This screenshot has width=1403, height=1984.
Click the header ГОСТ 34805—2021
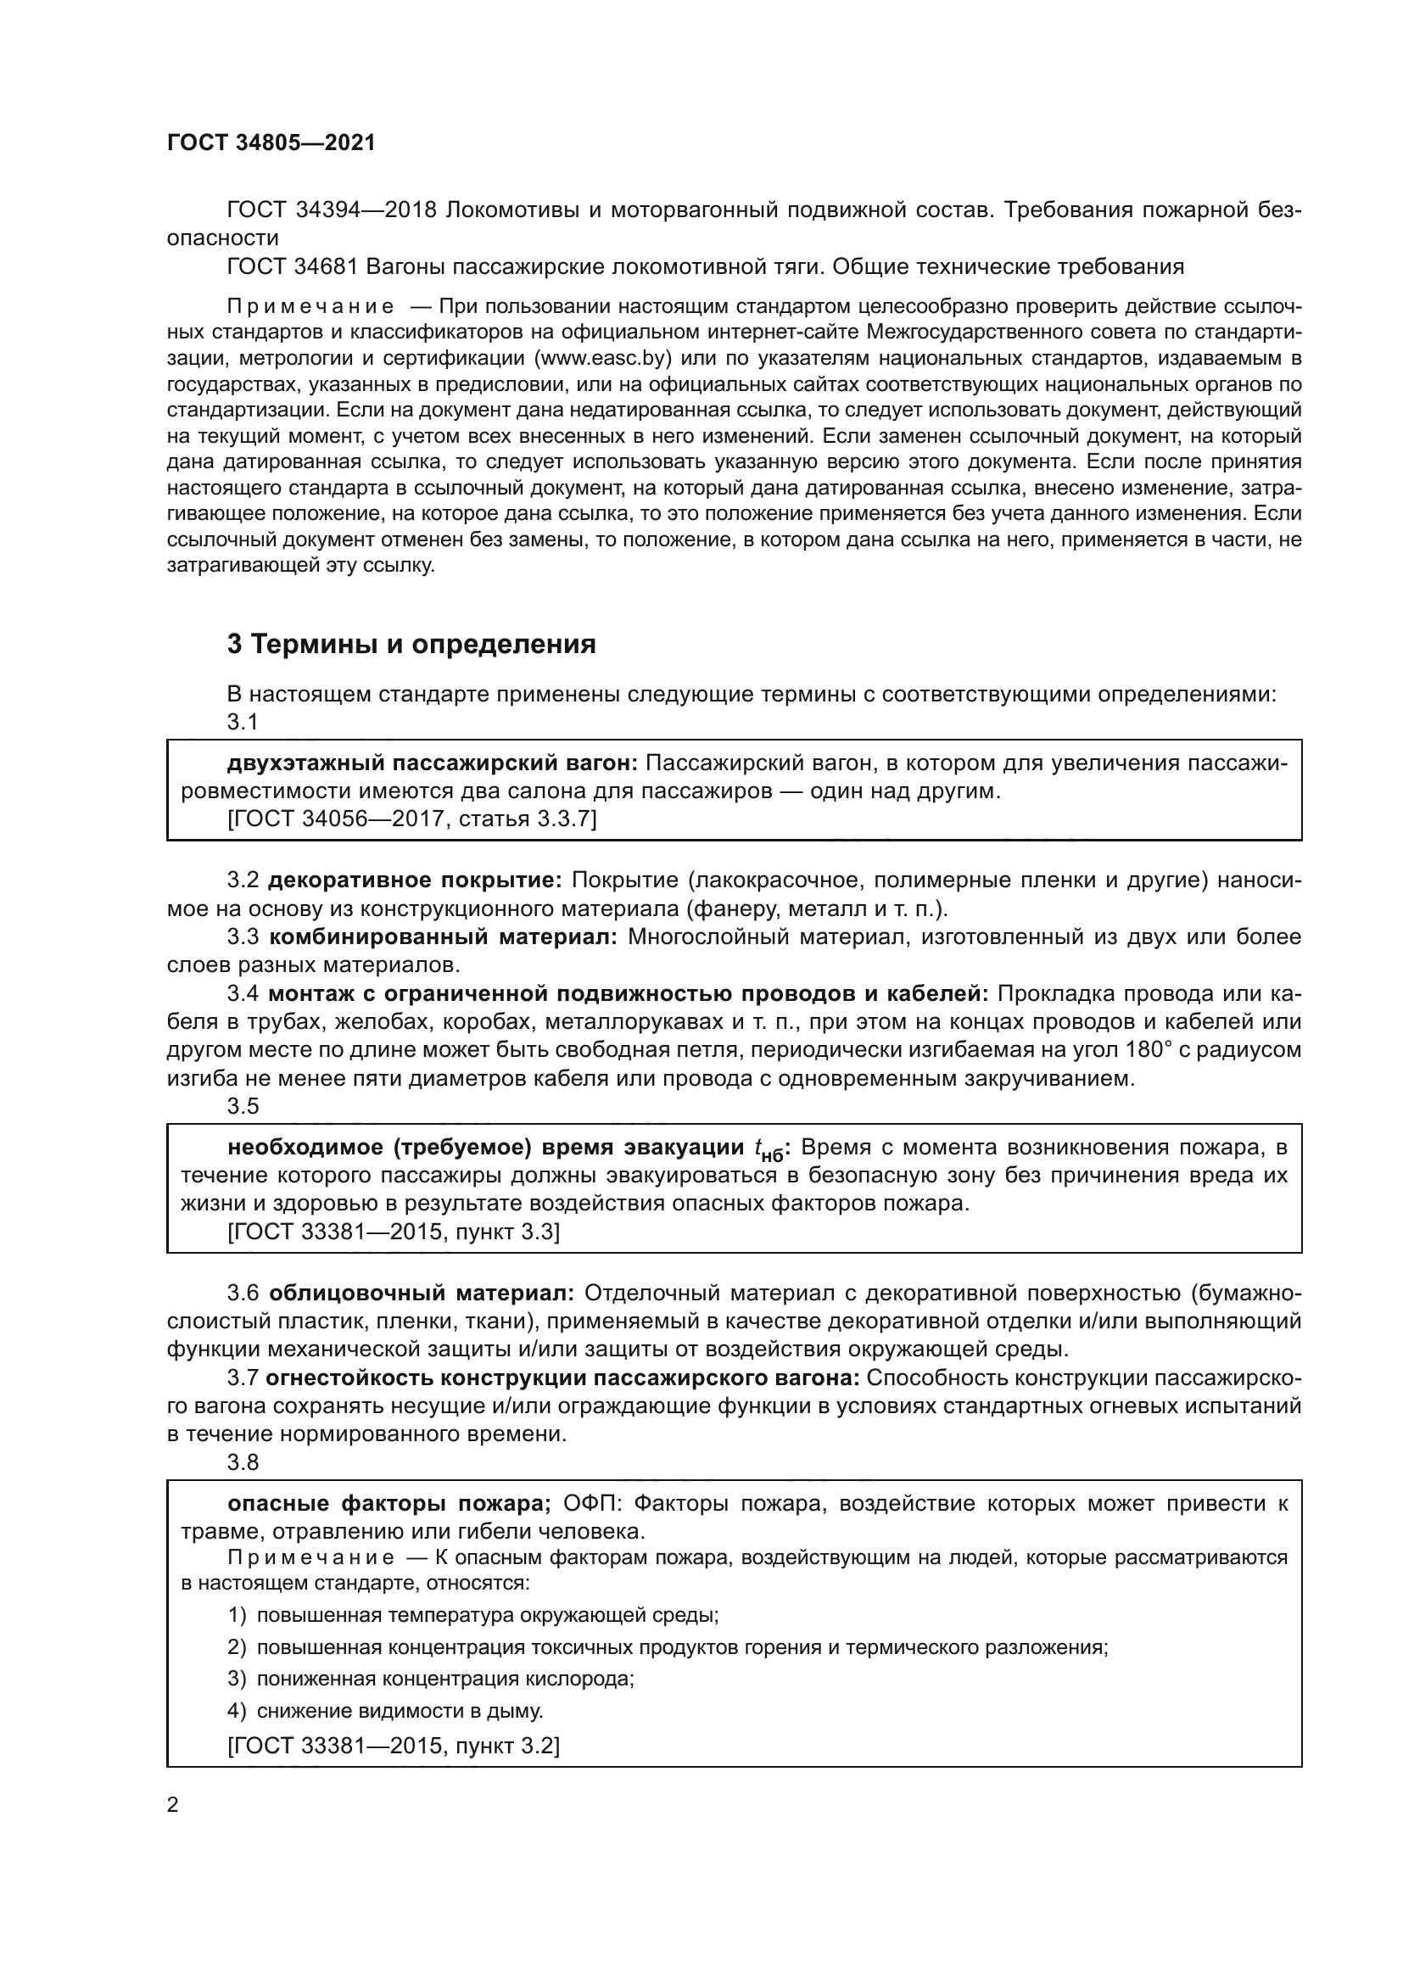pyautogui.click(x=271, y=143)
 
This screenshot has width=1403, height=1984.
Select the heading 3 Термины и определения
pyautogui.click(x=411, y=644)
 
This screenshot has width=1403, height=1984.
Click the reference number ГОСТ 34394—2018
pyautogui.click(x=333, y=210)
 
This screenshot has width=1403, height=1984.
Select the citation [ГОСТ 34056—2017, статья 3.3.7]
pyautogui.click(x=411, y=819)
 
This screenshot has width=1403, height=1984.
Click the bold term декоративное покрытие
pyautogui.click(x=415, y=880)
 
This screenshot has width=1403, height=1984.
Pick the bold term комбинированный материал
pyautogui.click(x=443, y=936)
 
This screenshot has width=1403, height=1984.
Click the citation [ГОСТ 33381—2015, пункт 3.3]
pyautogui.click(x=393, y=1232)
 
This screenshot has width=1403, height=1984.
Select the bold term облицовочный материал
pyautogui.click(x=422, y=1293)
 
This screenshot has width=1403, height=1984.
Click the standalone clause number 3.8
pyautogui.click(x=243, y=1462)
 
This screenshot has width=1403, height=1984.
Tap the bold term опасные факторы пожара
pyautogui.click(x=388, y=1503)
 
